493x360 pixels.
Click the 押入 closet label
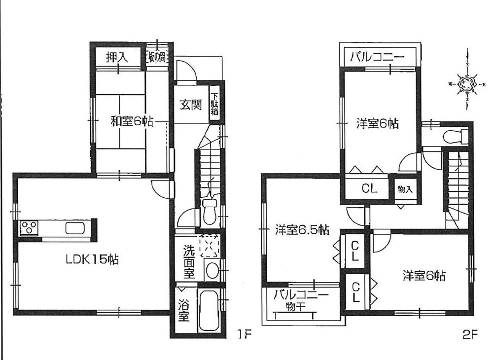pos(117,57)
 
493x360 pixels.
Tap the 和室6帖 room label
pos(131,121)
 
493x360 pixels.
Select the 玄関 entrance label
pos(190,105)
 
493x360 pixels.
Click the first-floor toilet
pos(209,210)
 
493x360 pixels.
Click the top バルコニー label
pos(378,57)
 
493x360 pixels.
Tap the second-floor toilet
pos(453,136)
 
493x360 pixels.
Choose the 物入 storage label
pos(406,189)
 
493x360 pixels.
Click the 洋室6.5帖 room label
pos(302,230)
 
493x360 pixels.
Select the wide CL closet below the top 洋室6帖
pos(369,188)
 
